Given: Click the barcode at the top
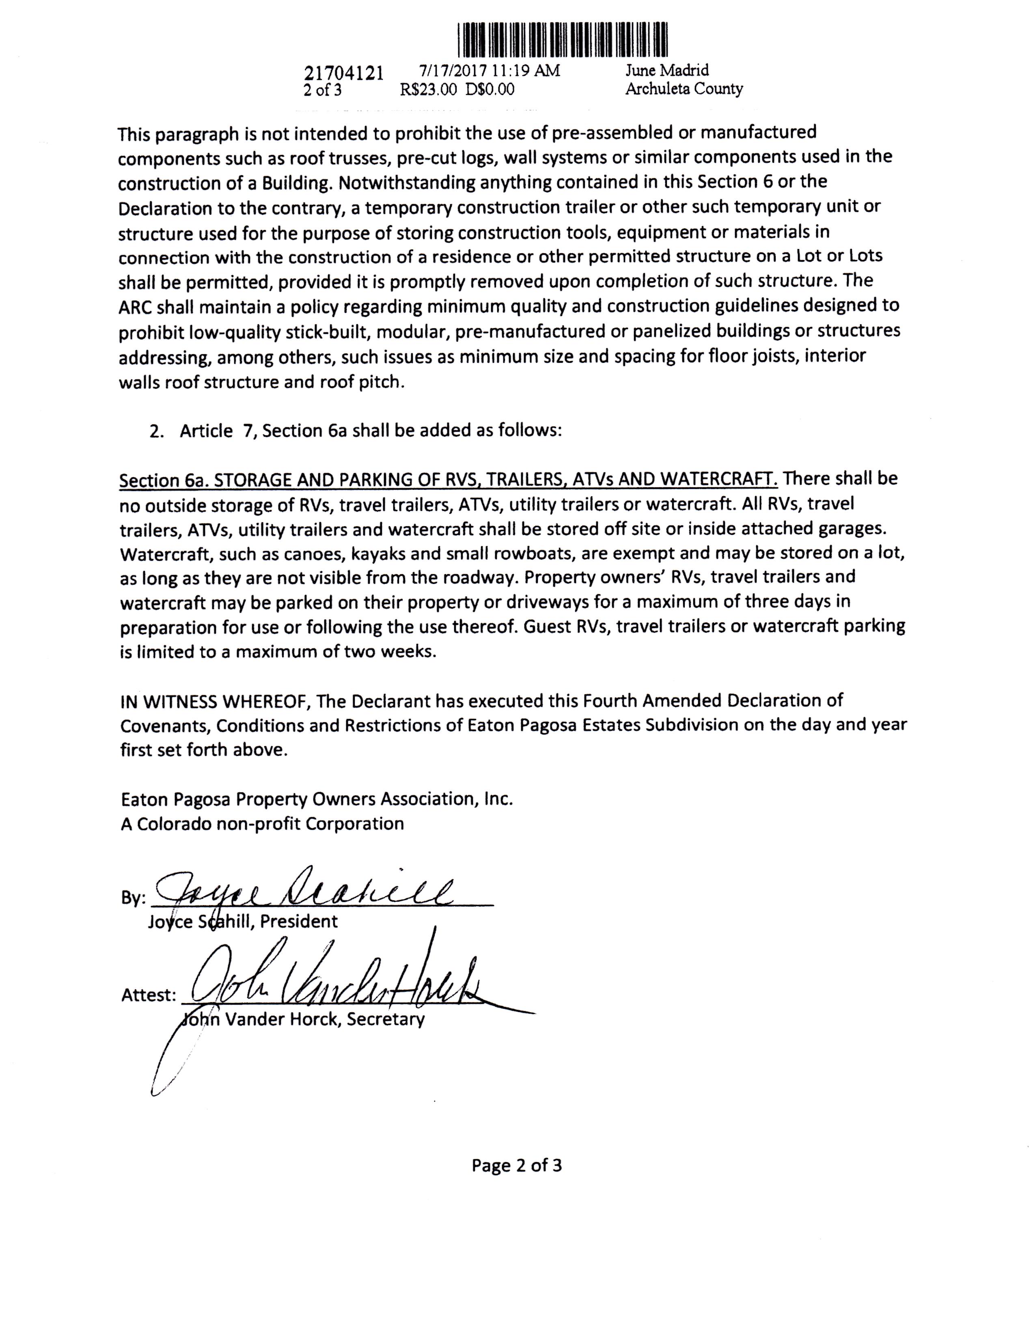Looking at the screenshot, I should pos(562,40).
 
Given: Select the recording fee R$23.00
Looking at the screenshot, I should pos(429,90).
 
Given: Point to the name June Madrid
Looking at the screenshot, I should pos(666,71).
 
